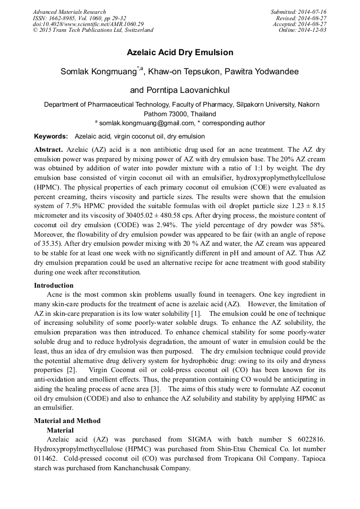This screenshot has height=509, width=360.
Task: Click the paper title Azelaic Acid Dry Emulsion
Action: coord(180,53)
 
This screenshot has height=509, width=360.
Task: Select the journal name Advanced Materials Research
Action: coord(69,12)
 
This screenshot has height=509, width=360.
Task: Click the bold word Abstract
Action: coord(48,150)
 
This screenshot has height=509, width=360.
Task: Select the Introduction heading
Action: coord(54,286)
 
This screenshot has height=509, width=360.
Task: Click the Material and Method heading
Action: coord(67,421)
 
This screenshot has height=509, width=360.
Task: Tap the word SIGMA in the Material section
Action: coord(199,439)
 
